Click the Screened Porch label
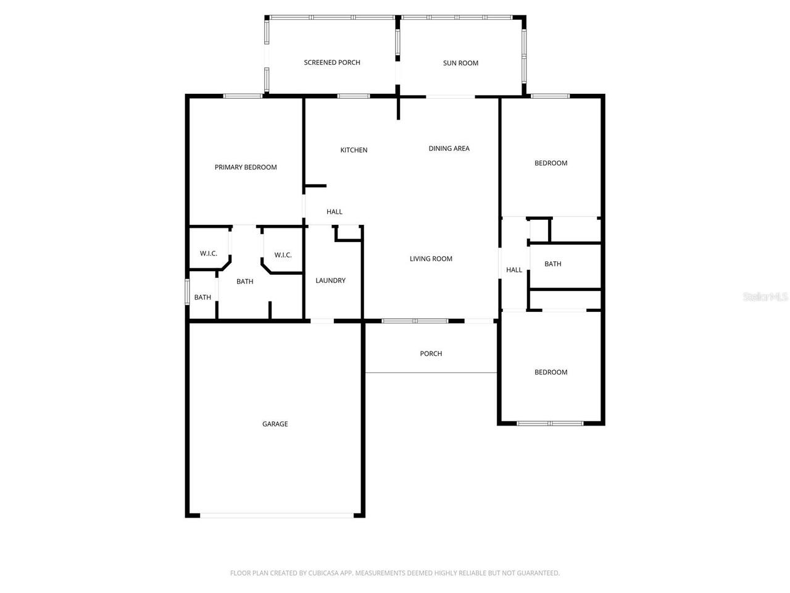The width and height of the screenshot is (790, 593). point(332,62)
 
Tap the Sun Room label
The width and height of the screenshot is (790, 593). point(460,63)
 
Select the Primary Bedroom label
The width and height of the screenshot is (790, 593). point(246,167)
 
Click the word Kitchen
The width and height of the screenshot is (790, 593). point(354,150)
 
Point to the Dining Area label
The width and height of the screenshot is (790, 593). point(449,148)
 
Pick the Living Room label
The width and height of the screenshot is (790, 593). point(431,259)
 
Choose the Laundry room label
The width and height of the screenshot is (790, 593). point(330,280)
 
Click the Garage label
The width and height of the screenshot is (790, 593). point(275,424)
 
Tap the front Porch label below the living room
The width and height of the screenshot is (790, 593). point(431,354)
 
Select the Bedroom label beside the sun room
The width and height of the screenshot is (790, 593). point(551,163)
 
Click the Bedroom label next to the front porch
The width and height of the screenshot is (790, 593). point(551,372)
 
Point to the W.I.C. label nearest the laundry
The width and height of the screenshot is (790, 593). point(283,255)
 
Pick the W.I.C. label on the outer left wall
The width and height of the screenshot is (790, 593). point(208,253)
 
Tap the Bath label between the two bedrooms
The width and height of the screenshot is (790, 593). point(552,264)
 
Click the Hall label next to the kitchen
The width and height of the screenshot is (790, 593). point(334,212)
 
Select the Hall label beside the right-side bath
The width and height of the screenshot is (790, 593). point(513,270)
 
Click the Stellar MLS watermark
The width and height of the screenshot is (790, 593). point(765,297)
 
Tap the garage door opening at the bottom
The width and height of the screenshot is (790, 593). point(276,515)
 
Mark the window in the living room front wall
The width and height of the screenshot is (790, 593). point(415,321)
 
